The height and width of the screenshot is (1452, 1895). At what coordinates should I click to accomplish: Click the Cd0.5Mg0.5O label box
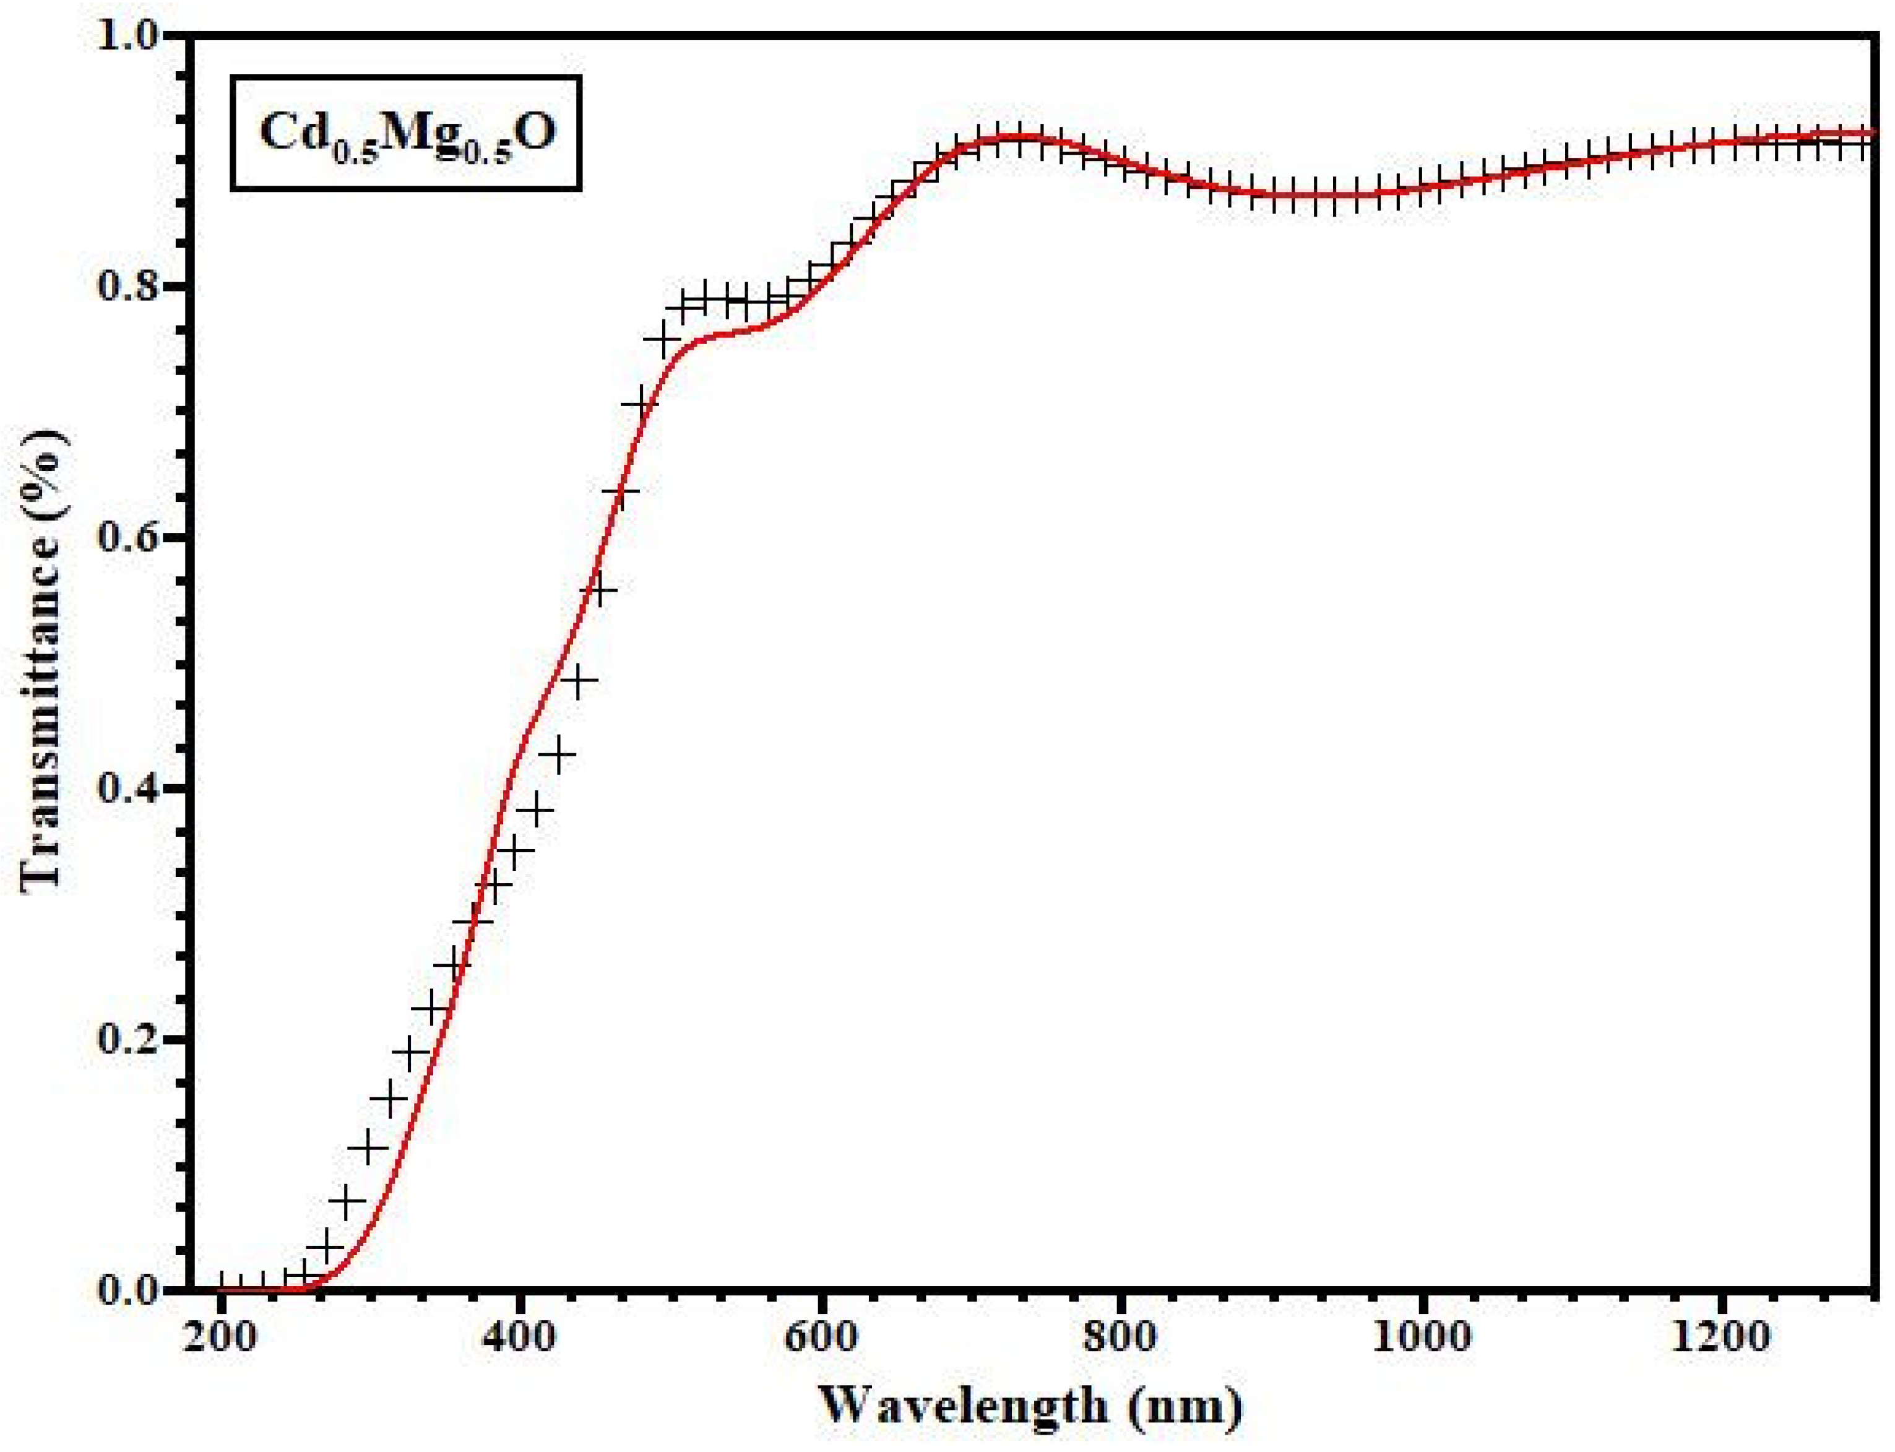(405, 133)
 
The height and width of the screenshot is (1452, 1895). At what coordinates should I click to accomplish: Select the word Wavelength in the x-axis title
(964, 1406)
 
